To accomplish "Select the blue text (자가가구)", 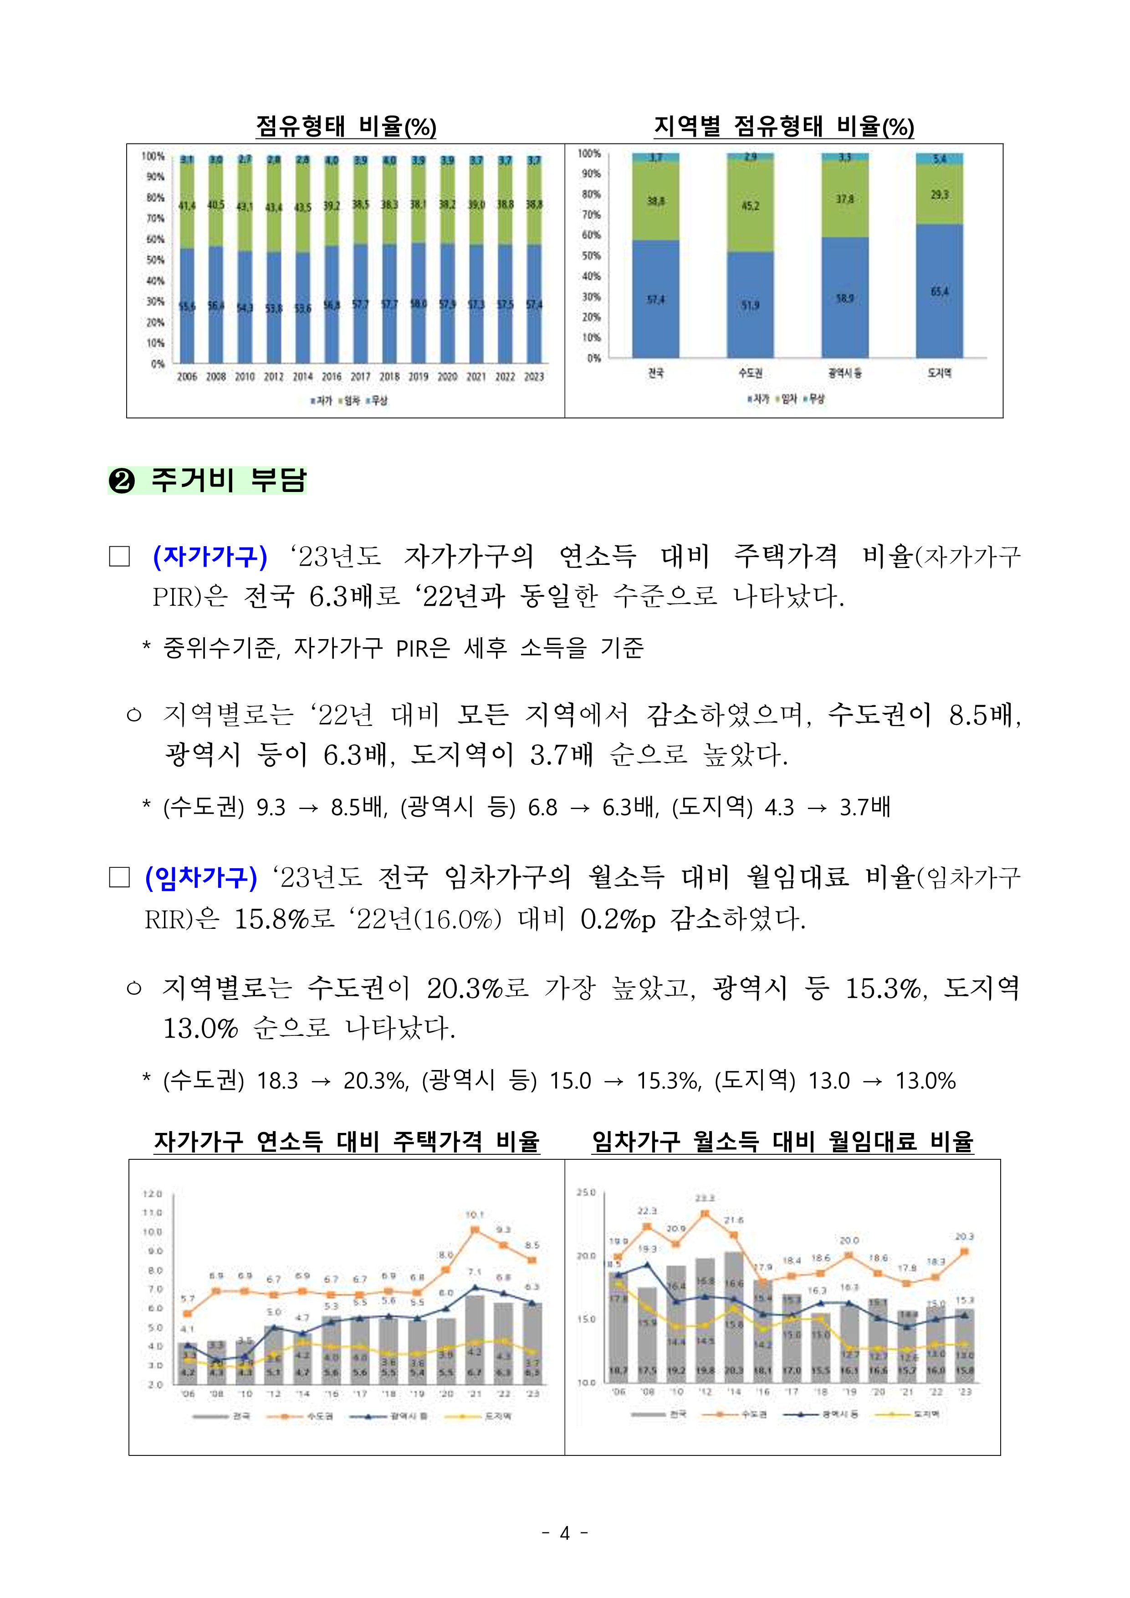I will click(210, 557).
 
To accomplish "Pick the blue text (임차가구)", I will click(201, 878).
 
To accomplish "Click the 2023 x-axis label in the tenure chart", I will click(534, 377).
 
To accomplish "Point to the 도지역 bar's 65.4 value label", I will click(939, 292).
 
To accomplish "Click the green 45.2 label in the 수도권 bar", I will click(750, 206).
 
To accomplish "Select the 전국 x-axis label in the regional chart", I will click(655, 373).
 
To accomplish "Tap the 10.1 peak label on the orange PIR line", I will click(475, 1214).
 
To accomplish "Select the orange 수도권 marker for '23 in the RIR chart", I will click(964, 1251).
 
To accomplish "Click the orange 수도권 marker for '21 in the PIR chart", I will click(475, 1230).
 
